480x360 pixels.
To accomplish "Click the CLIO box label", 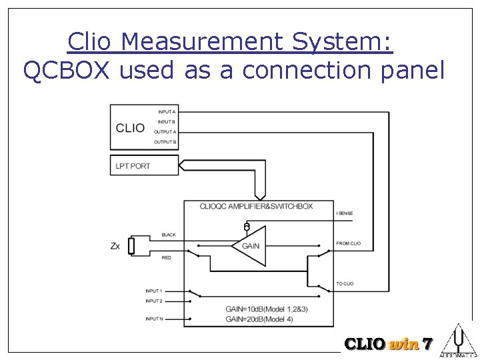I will click(130, 127).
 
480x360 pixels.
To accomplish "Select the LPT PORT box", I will click(144, 165).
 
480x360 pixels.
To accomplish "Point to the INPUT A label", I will click(167, 112).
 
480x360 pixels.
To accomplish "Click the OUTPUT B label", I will click(165, 142).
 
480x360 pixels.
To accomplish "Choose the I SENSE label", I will click(345, 213).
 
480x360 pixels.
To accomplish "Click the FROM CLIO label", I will click(348, 243).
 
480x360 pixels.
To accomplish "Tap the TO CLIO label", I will click(345, 284).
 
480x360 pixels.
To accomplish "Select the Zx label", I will click(115, 246).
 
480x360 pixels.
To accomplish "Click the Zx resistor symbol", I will click(131, 246).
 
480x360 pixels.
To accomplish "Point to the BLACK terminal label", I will click(169, 235).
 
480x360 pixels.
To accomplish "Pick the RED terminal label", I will click(167, 257).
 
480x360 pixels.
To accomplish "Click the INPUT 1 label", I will click(154, 291).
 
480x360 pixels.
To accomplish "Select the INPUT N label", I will click(154, 319).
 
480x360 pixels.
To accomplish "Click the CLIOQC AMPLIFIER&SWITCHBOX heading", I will click(256, 206).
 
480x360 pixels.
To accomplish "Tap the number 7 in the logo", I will click(427, 345).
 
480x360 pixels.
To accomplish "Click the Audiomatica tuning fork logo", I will click(459, 340).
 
